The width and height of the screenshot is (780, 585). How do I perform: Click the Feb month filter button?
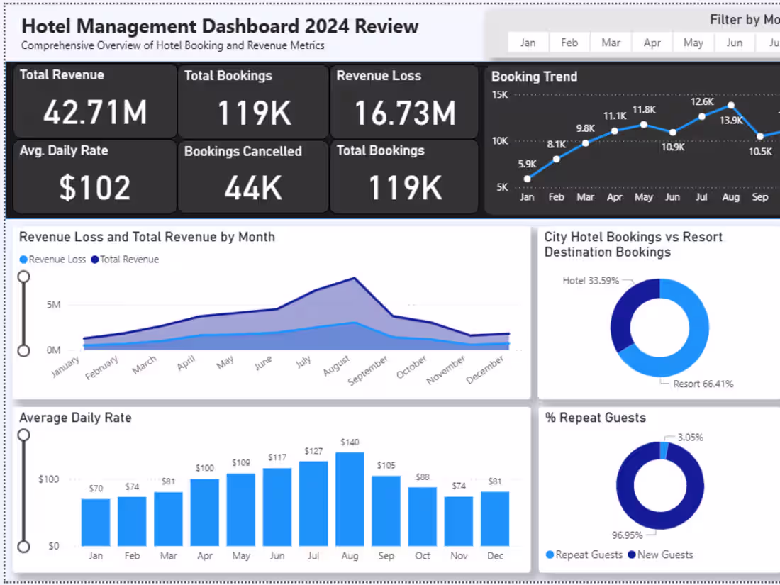[569, 43]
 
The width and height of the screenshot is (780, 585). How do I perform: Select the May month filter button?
[693, 43]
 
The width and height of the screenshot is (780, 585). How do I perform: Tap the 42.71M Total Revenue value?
[95, 112]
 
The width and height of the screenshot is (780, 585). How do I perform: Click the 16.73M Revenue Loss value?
[405, 113]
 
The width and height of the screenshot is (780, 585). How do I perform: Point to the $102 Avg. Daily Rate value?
[95, 188]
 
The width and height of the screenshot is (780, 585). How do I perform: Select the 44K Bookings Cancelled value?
[253, 188]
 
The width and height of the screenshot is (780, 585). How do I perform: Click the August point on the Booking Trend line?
[730, 106]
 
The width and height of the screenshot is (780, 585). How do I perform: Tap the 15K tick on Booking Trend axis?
[500, 95]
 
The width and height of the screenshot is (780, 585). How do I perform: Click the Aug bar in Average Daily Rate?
[350, 498]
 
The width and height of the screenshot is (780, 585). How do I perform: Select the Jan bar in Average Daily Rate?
[96, 522]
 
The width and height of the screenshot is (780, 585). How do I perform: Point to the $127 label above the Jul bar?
[313, 451]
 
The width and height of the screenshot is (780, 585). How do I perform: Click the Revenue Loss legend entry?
[53, 260]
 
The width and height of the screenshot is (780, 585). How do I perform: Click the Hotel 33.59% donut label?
[591, 281]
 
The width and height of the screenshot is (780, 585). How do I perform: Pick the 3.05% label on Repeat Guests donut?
[689, 438]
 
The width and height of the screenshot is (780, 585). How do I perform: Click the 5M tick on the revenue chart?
[53, 305]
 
